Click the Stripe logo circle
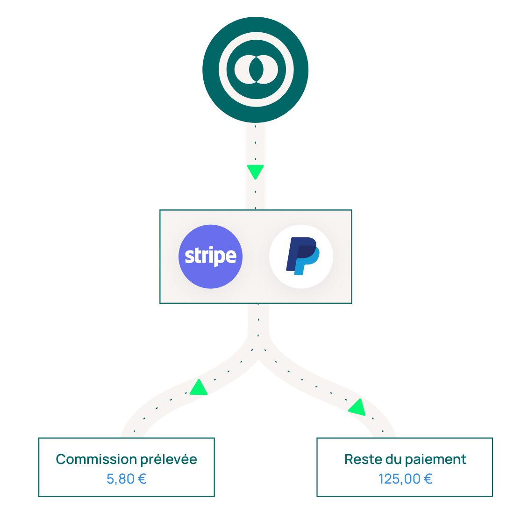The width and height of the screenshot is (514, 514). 210,257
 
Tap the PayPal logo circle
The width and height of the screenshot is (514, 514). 301,257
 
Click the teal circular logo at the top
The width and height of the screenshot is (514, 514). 255,70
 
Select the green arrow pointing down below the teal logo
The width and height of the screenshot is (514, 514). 255,171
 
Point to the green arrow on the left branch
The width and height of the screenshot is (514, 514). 199,388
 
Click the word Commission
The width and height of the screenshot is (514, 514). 95,459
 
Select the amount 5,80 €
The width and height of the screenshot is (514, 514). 126,479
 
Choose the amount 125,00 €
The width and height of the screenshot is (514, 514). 405,479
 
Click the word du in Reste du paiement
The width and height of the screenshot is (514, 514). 390,459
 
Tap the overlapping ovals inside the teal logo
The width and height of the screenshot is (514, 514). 256,70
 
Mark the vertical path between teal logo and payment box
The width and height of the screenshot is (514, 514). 255,145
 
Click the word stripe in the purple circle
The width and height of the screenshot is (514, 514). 210,256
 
